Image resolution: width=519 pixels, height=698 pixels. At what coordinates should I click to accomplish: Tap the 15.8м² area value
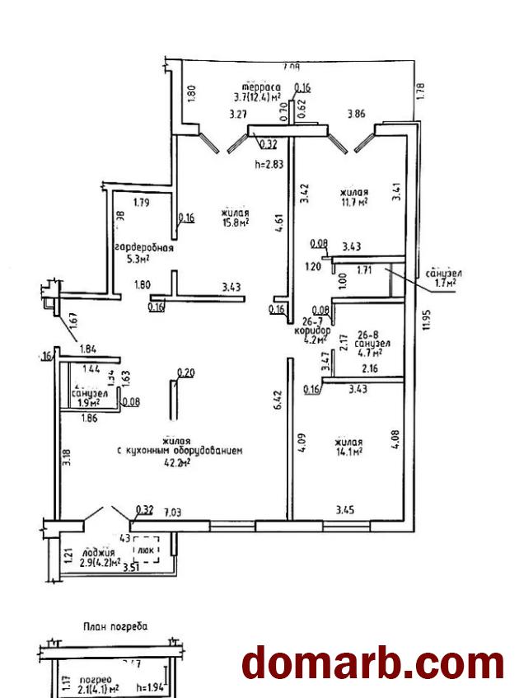pyautogui.click(x=236, y=222)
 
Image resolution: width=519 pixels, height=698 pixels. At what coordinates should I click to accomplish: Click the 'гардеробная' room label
pyautogui.click(x=143, y=248)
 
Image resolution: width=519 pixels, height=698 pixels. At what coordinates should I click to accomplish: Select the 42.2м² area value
pyautogui.click(x=176, y=462)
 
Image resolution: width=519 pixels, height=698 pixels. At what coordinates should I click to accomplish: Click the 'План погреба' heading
pyautogui.click(x=115, y=626)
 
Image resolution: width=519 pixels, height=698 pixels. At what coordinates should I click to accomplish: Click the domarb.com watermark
pyautogui.click(x=372, y=664)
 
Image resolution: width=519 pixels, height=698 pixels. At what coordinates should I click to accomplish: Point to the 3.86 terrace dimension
pyautogui.click(x=356, y=115)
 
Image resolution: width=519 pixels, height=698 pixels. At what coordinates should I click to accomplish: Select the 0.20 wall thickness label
pyautogui.click(x=186, y=372)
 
